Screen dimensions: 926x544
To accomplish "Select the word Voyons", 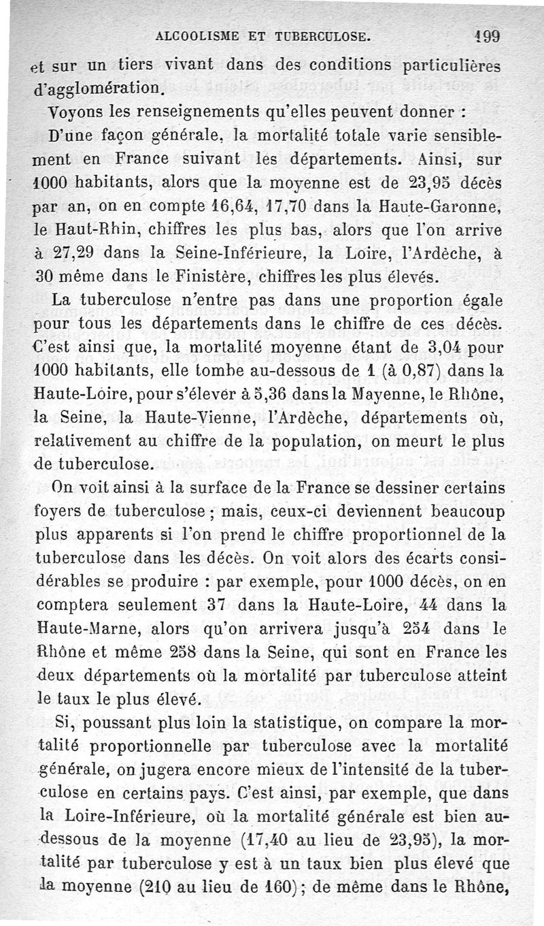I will point(60,111).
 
